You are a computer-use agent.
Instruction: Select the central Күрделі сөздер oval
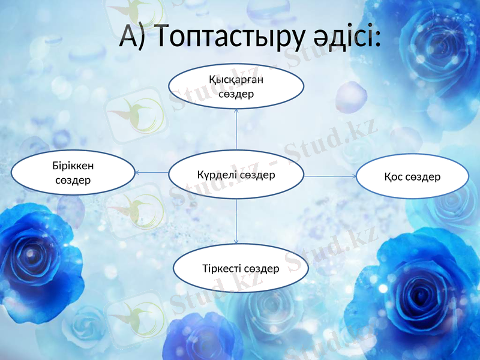(x=236, y=175)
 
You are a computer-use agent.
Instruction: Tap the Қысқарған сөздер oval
(x=236, y=86)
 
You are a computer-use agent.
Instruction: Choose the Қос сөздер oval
(x=412, y=176)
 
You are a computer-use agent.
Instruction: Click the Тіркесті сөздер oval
(x=241, y=269)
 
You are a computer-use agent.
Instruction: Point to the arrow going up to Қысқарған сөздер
(x=236, y=129)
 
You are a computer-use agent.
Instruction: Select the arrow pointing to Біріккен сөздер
(x=151, y=173)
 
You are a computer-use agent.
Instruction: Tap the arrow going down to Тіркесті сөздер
(x=236, y=222)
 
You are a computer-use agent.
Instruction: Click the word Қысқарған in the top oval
(x=236, y=79)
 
